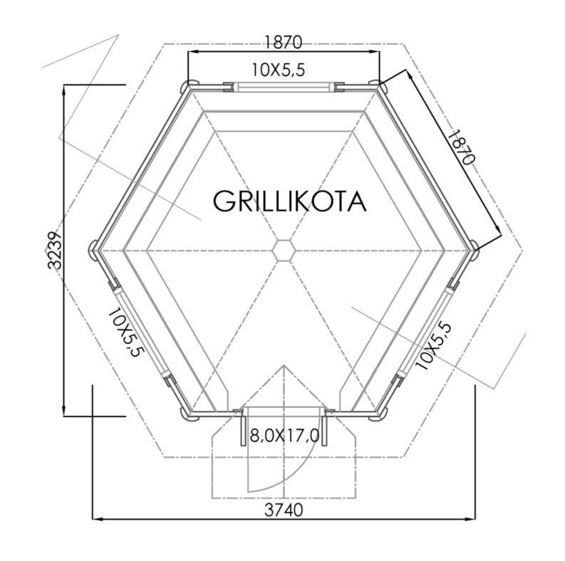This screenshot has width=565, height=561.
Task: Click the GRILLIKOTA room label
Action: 290,201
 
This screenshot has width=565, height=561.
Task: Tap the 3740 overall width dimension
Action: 284,510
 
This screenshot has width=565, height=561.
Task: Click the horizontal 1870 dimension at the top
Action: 284,42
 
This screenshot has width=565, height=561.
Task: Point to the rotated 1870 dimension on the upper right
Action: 460,147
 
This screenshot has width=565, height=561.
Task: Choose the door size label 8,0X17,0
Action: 284,436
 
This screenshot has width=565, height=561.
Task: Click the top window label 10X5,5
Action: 278,70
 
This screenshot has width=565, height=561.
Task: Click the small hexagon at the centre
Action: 284,250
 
